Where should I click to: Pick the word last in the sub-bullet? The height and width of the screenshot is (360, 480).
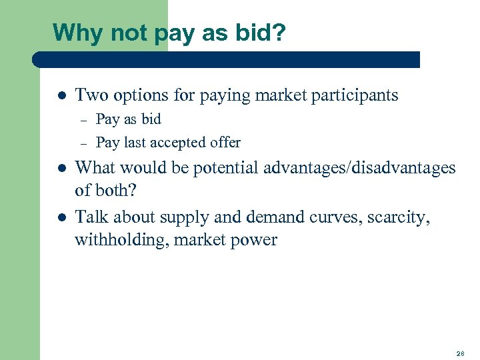tap(135, 143)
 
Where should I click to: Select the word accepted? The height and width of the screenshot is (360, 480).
tap(180, 143)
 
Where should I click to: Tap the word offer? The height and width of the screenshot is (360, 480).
tap(225, 143)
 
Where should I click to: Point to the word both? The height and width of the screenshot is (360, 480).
tap(116, 191)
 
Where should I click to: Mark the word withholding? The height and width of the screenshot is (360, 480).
tap(121, 240)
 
